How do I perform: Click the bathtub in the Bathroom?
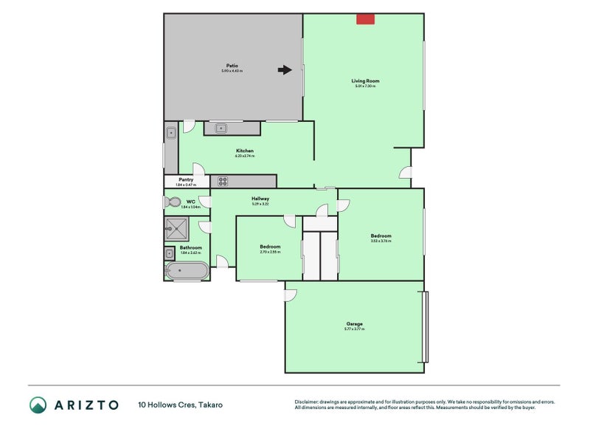click(187, 271)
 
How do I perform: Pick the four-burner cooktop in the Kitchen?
click(220, 181)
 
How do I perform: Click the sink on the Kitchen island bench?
click(221, 128)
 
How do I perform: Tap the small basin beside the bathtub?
click(170, 254)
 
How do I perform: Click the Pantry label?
click(186, 179)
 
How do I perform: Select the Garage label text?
click(355, 323)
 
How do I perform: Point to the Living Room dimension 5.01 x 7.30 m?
click(365, 86)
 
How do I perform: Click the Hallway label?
click(260, 198)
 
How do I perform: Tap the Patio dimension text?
click(232, 71)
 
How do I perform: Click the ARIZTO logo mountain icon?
click(38, 404)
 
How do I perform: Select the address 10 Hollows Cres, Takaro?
click(180, 405)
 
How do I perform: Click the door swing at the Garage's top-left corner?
click(291, 295)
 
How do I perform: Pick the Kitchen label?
click(245, 151)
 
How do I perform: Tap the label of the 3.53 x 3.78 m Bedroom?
click(381, 236)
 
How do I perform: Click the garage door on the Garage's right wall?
click(423, 326)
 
